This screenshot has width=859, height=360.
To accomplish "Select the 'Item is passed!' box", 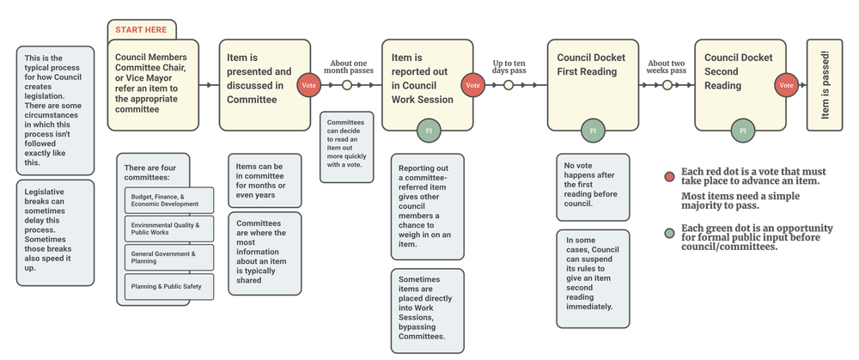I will pyautogui.click(x=825, y=84).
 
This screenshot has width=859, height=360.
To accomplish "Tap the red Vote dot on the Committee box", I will pyautogui.click(x=308, y=85).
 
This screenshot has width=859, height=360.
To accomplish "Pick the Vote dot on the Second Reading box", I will pyautogui.click(x=785, y=85).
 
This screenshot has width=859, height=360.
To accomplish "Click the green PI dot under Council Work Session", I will pyautogui.click(x=428, y=131).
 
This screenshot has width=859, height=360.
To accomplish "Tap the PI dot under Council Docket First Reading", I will pyautogui.click(x=590, y=131).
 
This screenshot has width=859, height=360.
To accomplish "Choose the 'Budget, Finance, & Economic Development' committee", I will pyautogui.click(x=167, y=201).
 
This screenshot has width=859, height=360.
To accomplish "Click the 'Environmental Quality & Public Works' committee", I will pyautogui.click(x=167, y=228).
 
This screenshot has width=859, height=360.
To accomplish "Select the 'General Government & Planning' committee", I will pyautogui.click(x=167, y=257).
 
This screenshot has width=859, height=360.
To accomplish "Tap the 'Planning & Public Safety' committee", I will pyautogui.click(x=167, y=286).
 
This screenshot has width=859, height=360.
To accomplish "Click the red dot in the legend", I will pyautogui.click(x=669, y=177).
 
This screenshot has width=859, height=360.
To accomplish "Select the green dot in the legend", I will pyautogui.click(x=669, y=233).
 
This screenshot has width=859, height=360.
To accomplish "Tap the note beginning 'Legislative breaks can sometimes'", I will pyautogui.click(x=55, y=232).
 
